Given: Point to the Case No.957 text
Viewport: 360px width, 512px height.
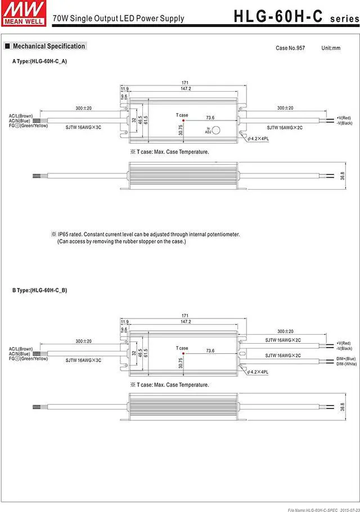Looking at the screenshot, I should click(290, 48).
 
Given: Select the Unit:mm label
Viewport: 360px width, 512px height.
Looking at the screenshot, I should click(331, 48).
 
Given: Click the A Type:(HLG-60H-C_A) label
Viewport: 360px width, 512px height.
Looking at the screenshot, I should click(40, 61).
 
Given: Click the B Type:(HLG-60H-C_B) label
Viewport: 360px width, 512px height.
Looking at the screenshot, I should click(40, 290).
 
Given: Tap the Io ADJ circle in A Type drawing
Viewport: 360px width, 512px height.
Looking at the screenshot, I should click(215, 129).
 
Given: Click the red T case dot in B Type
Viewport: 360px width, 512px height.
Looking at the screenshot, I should click(182, 353).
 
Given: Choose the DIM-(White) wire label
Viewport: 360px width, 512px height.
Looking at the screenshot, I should click(346, 364).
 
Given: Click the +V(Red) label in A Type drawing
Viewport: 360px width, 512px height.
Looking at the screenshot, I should click(344, 118).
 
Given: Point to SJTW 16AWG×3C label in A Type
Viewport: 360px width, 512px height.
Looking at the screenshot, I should click(83, 128).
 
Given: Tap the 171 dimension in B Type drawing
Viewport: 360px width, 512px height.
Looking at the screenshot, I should click(185, 315).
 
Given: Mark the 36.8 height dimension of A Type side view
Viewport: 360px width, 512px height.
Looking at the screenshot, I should click(343, 176).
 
